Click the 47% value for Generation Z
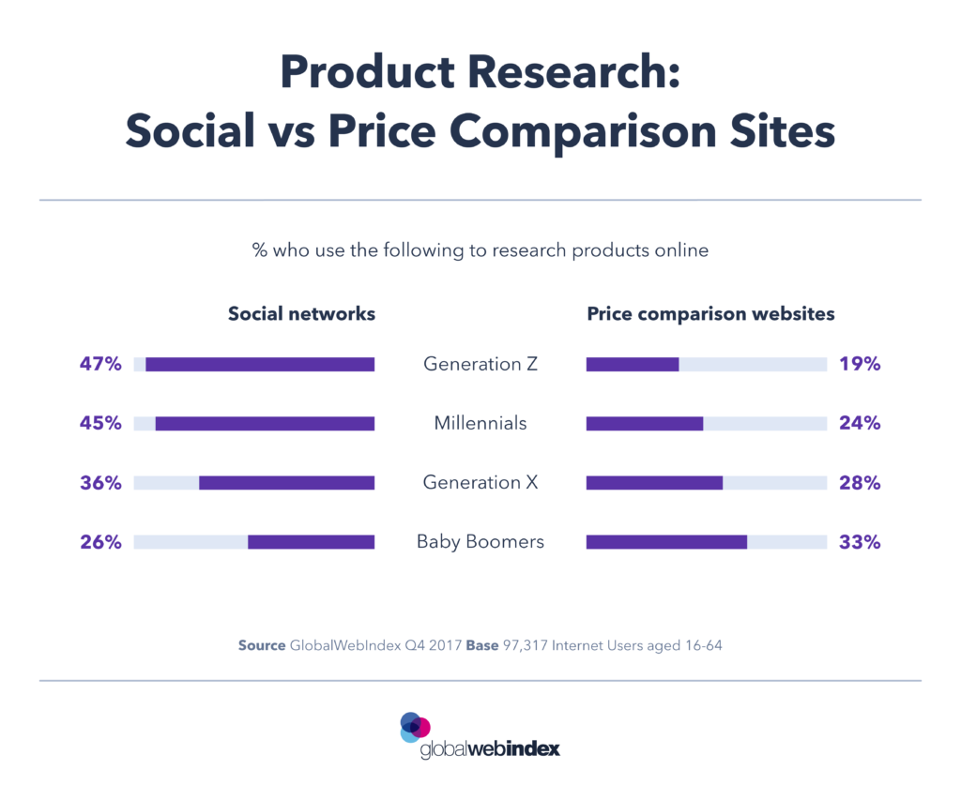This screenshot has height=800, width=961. [x=99, y=364]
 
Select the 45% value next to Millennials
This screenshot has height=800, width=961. [x=99, y=423]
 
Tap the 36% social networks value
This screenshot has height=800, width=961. [x=99, y=483]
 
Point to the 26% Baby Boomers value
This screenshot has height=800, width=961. [x=99, y=542]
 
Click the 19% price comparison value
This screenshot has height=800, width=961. [x=860, y=364]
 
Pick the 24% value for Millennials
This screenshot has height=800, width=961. [x=860, y=423]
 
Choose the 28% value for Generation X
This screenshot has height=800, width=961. [x=860, y=483]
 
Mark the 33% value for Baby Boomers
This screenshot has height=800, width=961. [x=860, y=542]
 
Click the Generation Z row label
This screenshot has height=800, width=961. [x=480, y=364]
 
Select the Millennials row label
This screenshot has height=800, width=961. [x=480, y=424]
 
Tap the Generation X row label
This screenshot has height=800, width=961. [x=480, y=483]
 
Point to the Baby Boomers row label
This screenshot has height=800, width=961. [x=480, y=542]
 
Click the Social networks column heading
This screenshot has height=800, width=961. [x=301, y=314]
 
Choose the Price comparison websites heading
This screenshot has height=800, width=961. [x=710, y=314]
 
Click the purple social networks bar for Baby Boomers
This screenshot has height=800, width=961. [x=311, y=542]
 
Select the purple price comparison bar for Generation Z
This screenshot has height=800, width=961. [x=633, y=364]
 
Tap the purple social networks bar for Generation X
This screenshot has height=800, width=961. [x=286, y=483]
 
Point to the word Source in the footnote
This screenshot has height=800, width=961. [x=261, y=646]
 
